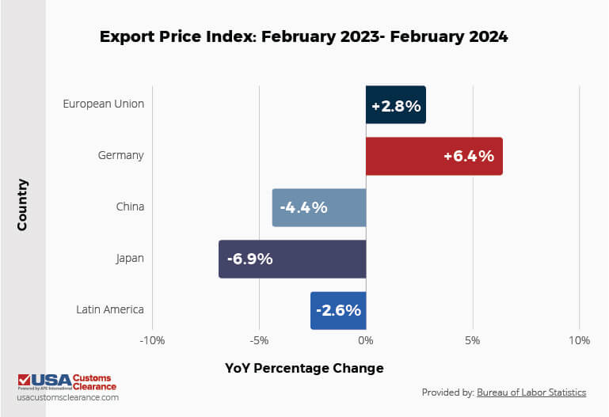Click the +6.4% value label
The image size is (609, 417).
(x=468, y=156)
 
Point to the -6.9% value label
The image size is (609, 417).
(x=249, y=259)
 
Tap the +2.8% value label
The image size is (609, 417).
(x=396, y=105)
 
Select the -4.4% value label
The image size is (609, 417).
(x=303, y=207)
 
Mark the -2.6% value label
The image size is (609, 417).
(x=338, y=309)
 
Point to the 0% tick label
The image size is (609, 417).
(x=365, y=341)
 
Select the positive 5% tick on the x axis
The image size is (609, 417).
(x=473, y=341)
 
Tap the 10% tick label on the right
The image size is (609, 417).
(x=579, y=341)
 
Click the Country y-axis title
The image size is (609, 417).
(x=22, y=205)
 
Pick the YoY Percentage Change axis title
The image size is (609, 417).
(x=304, y=368)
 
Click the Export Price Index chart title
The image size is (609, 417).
(x=304, y=36)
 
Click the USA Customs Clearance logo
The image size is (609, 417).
(x=67, y=382)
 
